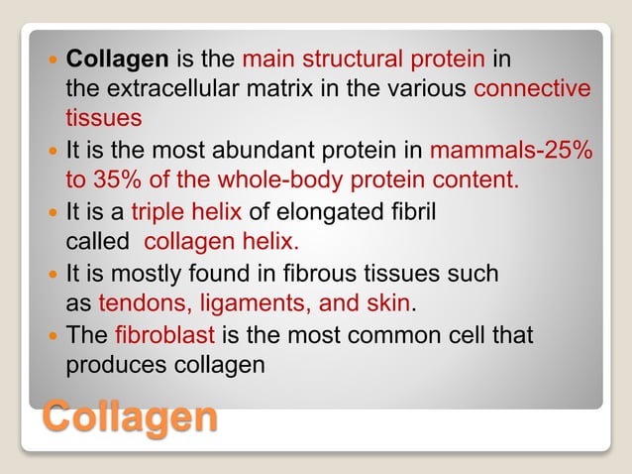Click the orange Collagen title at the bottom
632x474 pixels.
coord(130,416)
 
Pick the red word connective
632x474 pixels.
coord(533,89)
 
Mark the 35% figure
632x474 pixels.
coord(116,181)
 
